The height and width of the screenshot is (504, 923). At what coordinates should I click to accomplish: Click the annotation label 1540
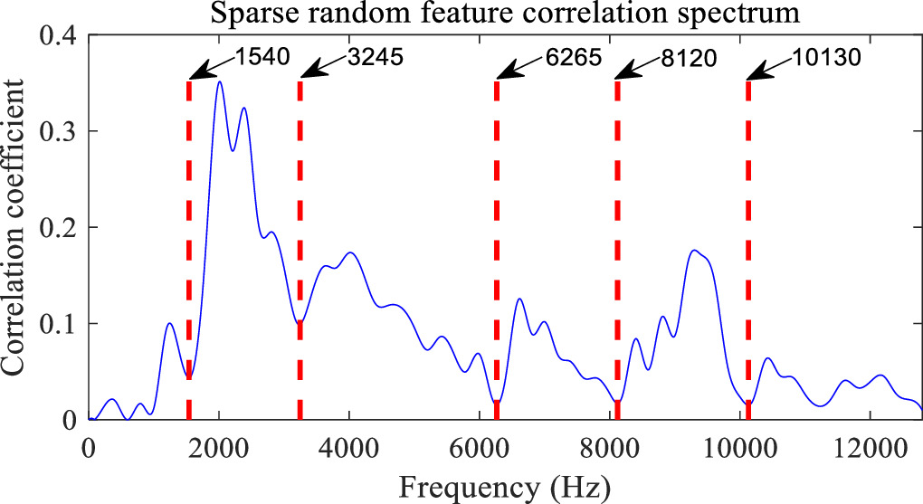(262, 57)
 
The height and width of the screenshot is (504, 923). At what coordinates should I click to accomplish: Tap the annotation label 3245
(374, 57)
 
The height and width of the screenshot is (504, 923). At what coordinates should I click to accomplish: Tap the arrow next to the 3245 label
(320, 67)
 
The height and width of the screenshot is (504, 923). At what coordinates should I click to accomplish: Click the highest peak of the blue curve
(219, 82)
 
